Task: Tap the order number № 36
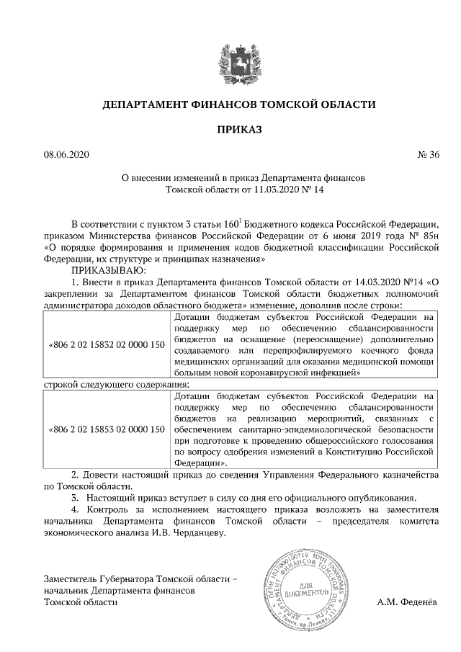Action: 428,154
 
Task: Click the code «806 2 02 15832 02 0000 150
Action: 106,345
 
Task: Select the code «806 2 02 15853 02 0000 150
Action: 106,429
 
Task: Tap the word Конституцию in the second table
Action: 364,452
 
